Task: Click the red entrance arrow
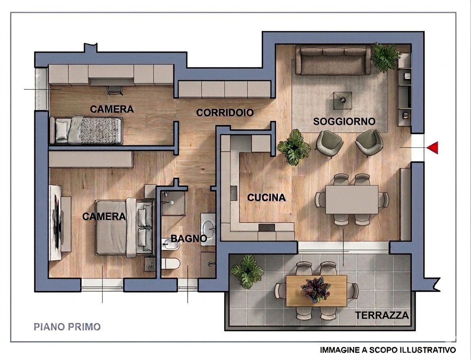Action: tap(432, 148)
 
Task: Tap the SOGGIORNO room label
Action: tap(344, 121)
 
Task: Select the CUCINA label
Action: tap(266, 198)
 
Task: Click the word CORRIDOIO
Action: tap(225, 113)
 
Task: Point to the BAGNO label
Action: tap(189, 239)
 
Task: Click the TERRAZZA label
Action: tap(381, 315)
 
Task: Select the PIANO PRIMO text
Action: tap(67, 327)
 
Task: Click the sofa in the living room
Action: tap(333, 61)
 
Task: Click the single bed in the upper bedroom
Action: tap(86, 130)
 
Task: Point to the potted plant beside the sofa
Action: tap(384, 56)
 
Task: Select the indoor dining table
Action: tap(351, 199)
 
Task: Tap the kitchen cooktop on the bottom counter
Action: tap(267, 228)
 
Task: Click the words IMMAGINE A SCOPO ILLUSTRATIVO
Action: tap(387, 350)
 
